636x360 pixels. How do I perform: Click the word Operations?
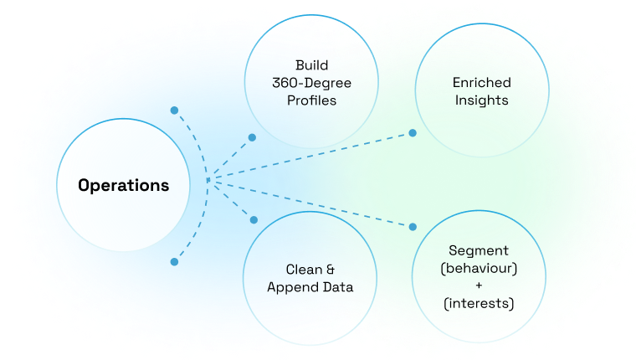(x=123, y=185)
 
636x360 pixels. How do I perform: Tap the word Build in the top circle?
(x=311, y=64)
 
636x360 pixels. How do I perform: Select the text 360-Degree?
(x=310, y=82)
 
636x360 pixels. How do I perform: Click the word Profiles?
(x=310, y=100)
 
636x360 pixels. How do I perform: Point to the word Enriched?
(x=481, y=83)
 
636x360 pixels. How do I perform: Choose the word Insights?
(x=481, y=100)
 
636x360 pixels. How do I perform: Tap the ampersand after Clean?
(x=330, y=270)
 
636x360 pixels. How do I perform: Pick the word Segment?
(x=479, y=250)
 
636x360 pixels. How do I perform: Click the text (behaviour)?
(x=479, y=268)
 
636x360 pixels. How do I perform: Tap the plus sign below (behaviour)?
(x=479, y=285)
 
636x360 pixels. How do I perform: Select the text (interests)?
(x=479, y=302)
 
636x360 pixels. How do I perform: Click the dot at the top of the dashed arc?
(x=174, y=110)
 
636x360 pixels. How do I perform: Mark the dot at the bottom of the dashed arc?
(x=174, y=262)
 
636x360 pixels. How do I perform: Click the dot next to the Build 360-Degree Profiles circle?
(x=252, y=136)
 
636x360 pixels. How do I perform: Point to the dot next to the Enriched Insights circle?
(x=413, y=132)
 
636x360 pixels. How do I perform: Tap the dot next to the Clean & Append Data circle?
(x=254, y=219)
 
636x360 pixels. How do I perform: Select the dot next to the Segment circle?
(x=413, y=227)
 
